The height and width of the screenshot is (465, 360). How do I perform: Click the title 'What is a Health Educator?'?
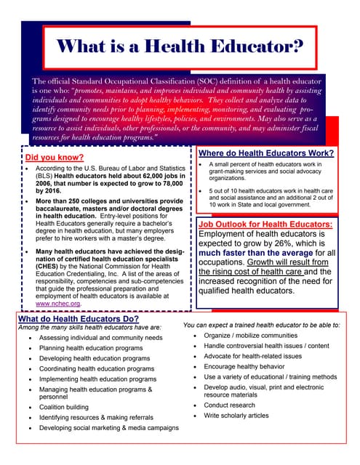coord(180,46)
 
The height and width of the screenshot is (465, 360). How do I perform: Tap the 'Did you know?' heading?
coord(52,156)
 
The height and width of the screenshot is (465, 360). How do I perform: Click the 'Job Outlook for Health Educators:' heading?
coord(265,205)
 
